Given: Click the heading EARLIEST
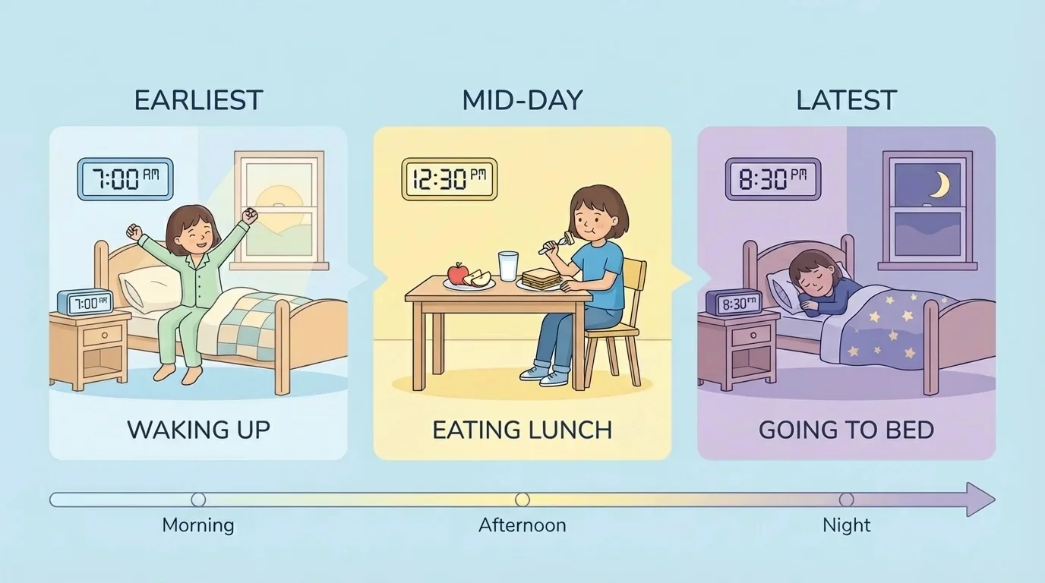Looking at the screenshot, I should tap(198, 100).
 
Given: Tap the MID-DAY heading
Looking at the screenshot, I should tap(522, 100).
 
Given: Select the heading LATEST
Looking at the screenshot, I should tap(846, 100).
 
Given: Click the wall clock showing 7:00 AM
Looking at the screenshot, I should tap(125, 179).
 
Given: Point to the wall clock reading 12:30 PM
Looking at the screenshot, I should tap(449, 179).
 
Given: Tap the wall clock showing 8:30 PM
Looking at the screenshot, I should tap(772, 179).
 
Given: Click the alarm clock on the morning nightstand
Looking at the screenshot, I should tap(85, 303).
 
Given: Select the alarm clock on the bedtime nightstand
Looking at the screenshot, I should tap(734, 303).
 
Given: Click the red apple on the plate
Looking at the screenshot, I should tap(457, 273).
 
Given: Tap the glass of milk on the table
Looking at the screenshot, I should tap(507, 266).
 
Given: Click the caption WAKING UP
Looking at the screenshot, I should tap(198, 430).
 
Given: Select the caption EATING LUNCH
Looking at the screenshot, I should tap(522, 430).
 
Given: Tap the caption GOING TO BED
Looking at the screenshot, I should tap(846, 430).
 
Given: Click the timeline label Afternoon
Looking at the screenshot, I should tap(522, 525).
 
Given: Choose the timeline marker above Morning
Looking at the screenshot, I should tap(198, 499).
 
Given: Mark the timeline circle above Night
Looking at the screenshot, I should tap(846, 499).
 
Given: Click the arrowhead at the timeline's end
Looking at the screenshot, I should tap(982, 499).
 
